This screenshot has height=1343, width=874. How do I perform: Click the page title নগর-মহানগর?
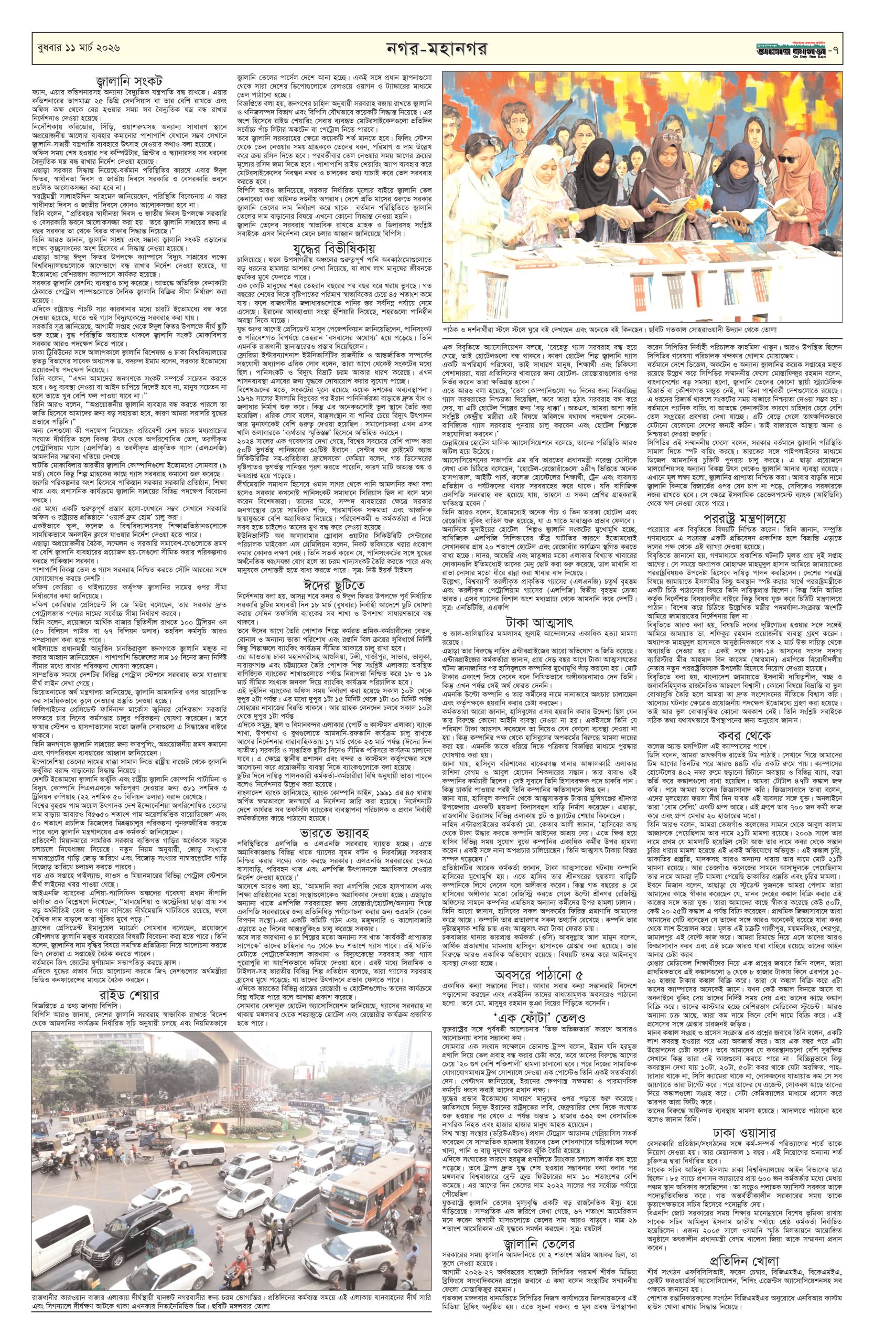pyautogui.click(x=436, y=50)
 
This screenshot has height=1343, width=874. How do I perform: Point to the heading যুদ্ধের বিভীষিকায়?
pyautogui.click(x=334, y=248)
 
